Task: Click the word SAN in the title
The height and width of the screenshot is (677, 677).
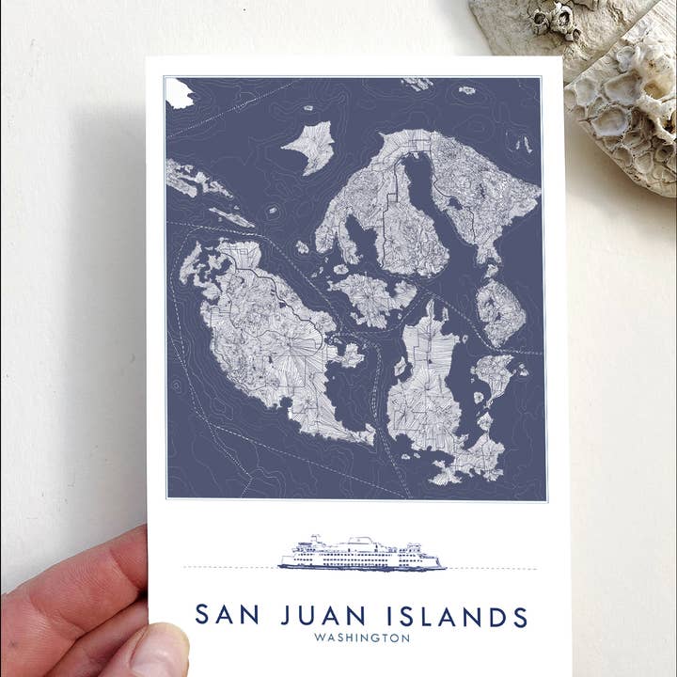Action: (x=225, y=616)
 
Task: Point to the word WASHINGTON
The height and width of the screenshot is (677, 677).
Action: (x=362, y=638)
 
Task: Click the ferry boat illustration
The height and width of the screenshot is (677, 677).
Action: (x=362, y=555)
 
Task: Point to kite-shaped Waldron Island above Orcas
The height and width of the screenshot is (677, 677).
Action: (x=309, y=147)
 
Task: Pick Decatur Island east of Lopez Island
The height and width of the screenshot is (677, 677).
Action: (x=495, y=371)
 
